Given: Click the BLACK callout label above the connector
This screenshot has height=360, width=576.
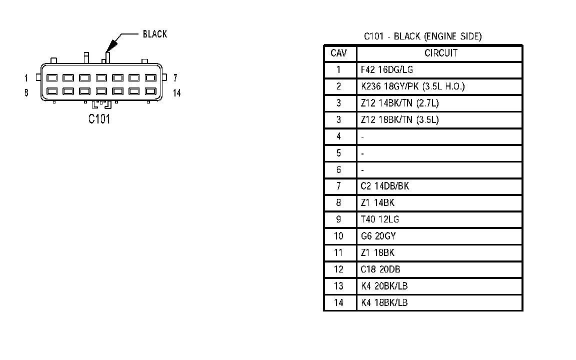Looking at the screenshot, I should coord(155,34).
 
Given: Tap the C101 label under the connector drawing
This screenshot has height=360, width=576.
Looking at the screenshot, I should coord(99,119).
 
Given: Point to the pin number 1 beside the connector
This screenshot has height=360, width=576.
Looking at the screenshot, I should coord(26,77).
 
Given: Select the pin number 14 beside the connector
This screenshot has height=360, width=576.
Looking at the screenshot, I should coord(176,93).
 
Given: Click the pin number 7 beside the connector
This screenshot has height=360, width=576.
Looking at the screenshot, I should coord(175,77).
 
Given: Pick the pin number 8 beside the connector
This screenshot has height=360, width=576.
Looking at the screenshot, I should coord(26,92).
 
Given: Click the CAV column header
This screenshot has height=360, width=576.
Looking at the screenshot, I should coord(339,53).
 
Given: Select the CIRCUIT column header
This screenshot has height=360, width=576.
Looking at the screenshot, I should coord(440,53).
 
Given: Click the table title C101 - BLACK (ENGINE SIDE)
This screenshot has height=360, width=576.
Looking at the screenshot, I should coord(422,36).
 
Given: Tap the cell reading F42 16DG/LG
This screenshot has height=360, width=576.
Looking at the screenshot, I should coord(387,70).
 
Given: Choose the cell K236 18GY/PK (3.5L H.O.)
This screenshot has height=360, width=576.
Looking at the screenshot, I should coord(412,86).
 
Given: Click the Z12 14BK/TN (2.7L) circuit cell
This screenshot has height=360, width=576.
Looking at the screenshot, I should coord(400,103).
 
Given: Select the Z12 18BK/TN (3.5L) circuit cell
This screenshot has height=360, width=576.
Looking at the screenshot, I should coord(400,120).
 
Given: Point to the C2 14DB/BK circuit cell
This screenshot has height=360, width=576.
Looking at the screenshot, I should coord(384,186).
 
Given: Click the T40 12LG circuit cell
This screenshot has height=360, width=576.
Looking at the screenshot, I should coord(379,219).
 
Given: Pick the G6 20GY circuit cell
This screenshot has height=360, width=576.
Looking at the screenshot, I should coord(378,236).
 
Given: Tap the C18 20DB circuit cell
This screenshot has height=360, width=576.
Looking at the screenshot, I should coord(379,269).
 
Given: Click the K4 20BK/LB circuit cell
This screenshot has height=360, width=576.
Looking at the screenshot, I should coord(387,286).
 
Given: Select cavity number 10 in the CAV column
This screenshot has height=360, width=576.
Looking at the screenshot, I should coord(338,236).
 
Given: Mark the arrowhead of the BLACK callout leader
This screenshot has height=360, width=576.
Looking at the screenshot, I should coord(111,45).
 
